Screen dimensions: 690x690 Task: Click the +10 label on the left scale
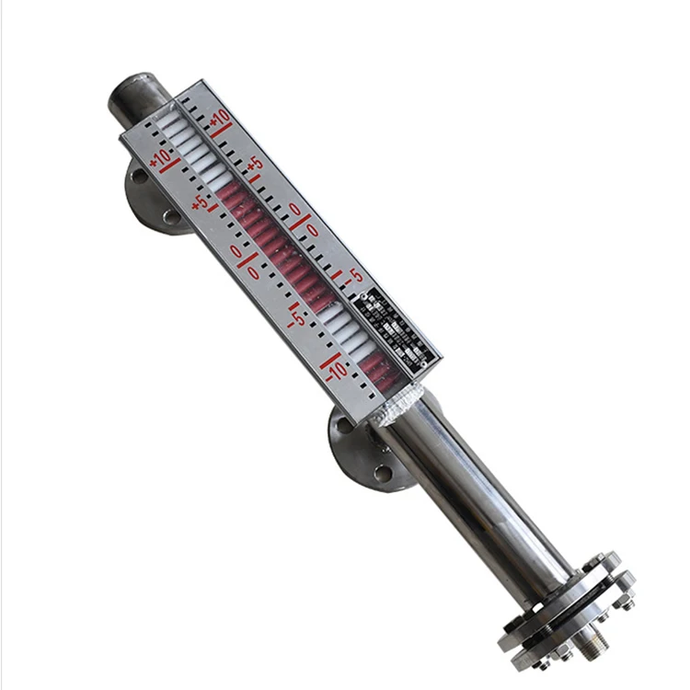pyautogui.click(x=161, y=157)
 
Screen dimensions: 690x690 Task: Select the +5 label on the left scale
pyautogui.click(x=201, y=203)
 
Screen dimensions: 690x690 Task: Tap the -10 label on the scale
pyautogui.click(x=336, y=368)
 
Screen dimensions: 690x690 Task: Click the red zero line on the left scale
pyautogui.click(x=247, y=263)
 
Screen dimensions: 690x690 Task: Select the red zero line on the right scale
pyautogui.click(x=300, y=218)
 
